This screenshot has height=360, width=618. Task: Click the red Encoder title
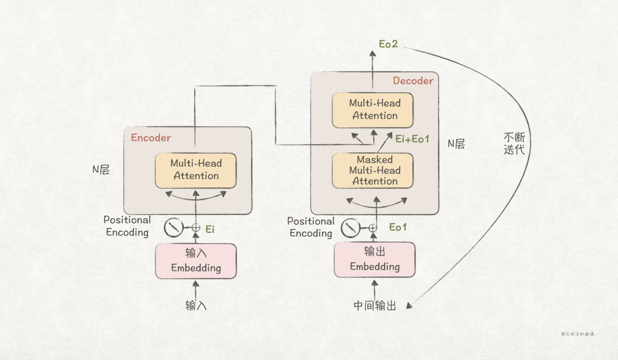151,138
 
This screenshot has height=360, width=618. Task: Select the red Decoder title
413,81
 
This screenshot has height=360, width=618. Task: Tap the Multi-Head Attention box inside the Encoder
196,170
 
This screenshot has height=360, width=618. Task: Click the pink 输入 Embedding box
196,261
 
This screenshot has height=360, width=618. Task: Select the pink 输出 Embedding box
375,260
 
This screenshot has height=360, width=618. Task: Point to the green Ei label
210,229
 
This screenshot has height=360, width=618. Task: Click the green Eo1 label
398,227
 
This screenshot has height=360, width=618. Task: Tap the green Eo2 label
388,44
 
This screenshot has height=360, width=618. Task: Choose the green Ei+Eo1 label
412,139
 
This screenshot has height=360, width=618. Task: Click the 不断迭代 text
514,143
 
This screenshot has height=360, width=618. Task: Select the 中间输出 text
375,306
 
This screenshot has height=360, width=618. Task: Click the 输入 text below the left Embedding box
196,306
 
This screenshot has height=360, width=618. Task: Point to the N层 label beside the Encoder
101,170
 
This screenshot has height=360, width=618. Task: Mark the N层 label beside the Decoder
456,143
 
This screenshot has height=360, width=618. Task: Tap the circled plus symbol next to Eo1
373,228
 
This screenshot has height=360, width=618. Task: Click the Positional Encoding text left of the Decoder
311,227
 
